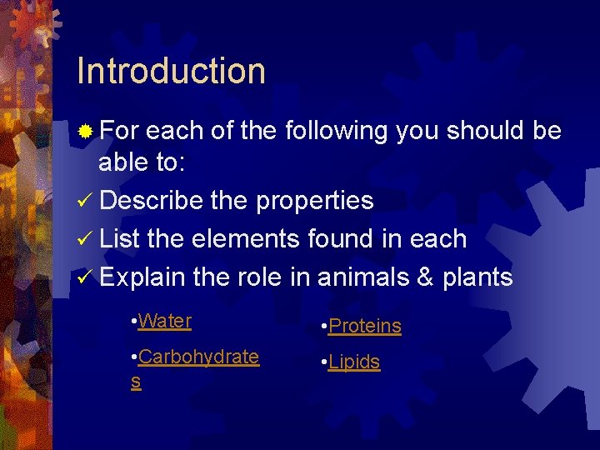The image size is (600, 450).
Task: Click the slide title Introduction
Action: click(x=171, y=72)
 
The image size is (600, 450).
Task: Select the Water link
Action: click(x=165, y=321)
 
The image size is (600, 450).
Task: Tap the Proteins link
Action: click(x=365, y=327)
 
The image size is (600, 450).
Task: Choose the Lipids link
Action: click(x=354, y=362)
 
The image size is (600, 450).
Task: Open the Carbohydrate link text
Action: click(x=198, y=357)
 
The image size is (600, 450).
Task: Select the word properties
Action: click(x=314, y=201)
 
